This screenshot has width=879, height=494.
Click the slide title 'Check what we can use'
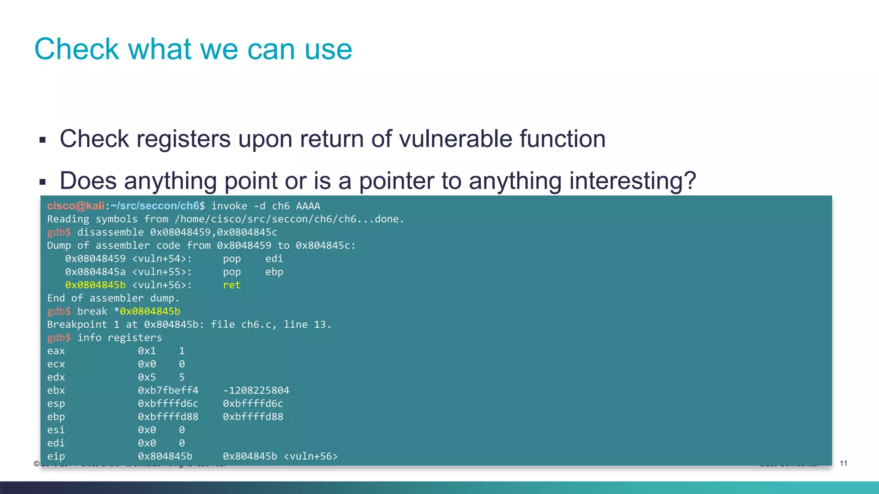tap(193, 49)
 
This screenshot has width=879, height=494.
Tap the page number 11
tap(843, 463)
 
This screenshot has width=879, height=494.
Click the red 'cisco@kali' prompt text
tap(76, 206)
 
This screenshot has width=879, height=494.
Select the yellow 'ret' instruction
tap(232, 285)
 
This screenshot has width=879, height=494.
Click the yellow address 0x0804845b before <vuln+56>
tap(95, 285)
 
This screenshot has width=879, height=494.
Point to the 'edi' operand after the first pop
tap(274, 259)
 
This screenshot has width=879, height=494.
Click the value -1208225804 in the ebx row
tap(256, 390)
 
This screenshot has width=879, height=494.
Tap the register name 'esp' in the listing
tap(56, 404)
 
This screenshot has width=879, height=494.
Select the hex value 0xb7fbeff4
tap(168, 390)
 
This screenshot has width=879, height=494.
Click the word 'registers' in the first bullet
tap(183, 139)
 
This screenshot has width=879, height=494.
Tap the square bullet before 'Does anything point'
tap(42, 182)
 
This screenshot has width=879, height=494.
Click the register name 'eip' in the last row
tap(56, 456)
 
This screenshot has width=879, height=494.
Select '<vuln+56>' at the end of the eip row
tap(311, 456)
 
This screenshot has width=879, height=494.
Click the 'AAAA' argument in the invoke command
tap(308, 206)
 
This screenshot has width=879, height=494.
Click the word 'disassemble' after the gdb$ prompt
tap(110, 232)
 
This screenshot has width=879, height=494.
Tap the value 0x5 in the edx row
tap(147, 377)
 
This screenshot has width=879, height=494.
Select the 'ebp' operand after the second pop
tap(274, 272)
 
